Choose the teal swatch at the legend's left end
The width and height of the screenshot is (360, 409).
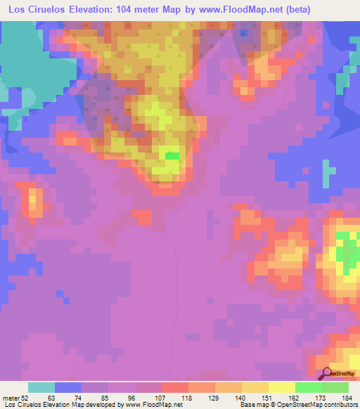coord(41,387)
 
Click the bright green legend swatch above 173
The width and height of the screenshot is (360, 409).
coord(308,387)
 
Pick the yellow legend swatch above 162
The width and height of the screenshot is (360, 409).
coord(281,387)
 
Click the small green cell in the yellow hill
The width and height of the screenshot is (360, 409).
coord(172,156)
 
